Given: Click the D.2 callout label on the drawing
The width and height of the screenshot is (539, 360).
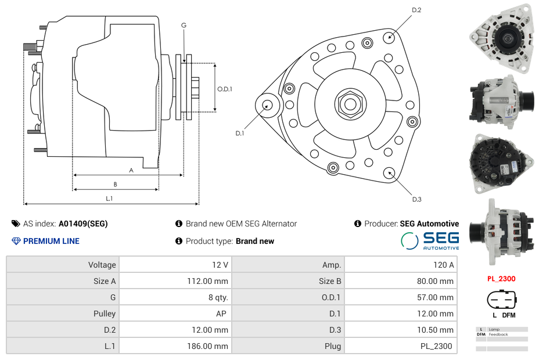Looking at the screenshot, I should (416, 10).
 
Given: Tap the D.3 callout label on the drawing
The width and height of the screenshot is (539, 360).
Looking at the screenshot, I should (416, 199).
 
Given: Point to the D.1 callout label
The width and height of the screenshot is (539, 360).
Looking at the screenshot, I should (239, 134).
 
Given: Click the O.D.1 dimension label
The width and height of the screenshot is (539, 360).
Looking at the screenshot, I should (225, 89).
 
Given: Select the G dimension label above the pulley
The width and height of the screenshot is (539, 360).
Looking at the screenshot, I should (184, 25).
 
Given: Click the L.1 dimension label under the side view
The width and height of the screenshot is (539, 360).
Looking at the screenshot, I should (109, 199).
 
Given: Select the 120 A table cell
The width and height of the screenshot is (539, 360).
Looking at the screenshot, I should (400, 265).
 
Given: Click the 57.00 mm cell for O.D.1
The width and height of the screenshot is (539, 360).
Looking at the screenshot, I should (400, 297).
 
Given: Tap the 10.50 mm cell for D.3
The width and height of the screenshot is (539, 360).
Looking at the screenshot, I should (400, 330).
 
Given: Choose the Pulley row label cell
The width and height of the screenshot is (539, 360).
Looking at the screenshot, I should (63, 314).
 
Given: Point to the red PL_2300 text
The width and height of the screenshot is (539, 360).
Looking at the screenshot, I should (501, 279).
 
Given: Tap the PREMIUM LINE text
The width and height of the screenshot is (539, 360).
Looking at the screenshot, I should (51, 241).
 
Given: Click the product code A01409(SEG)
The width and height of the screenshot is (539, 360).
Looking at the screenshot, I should (83, 224).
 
